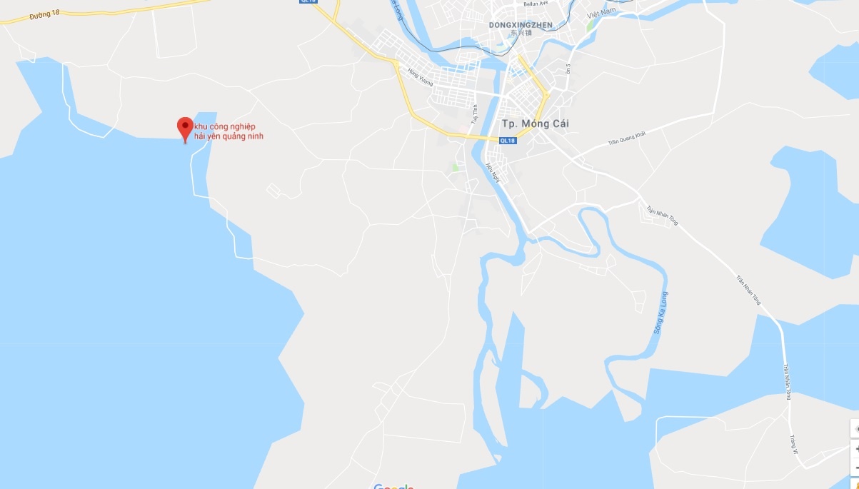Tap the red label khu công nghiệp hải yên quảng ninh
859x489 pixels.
tap(229, 131)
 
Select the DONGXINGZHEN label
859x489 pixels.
tap(521, 24)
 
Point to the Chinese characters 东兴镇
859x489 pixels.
tap(521, 33)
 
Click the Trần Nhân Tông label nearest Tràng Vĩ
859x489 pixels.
tap(787, 382)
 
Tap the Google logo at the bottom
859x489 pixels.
tap(393, 486)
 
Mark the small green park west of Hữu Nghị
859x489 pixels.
tap(455, 168)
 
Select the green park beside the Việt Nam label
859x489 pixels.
tap(590, 25)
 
